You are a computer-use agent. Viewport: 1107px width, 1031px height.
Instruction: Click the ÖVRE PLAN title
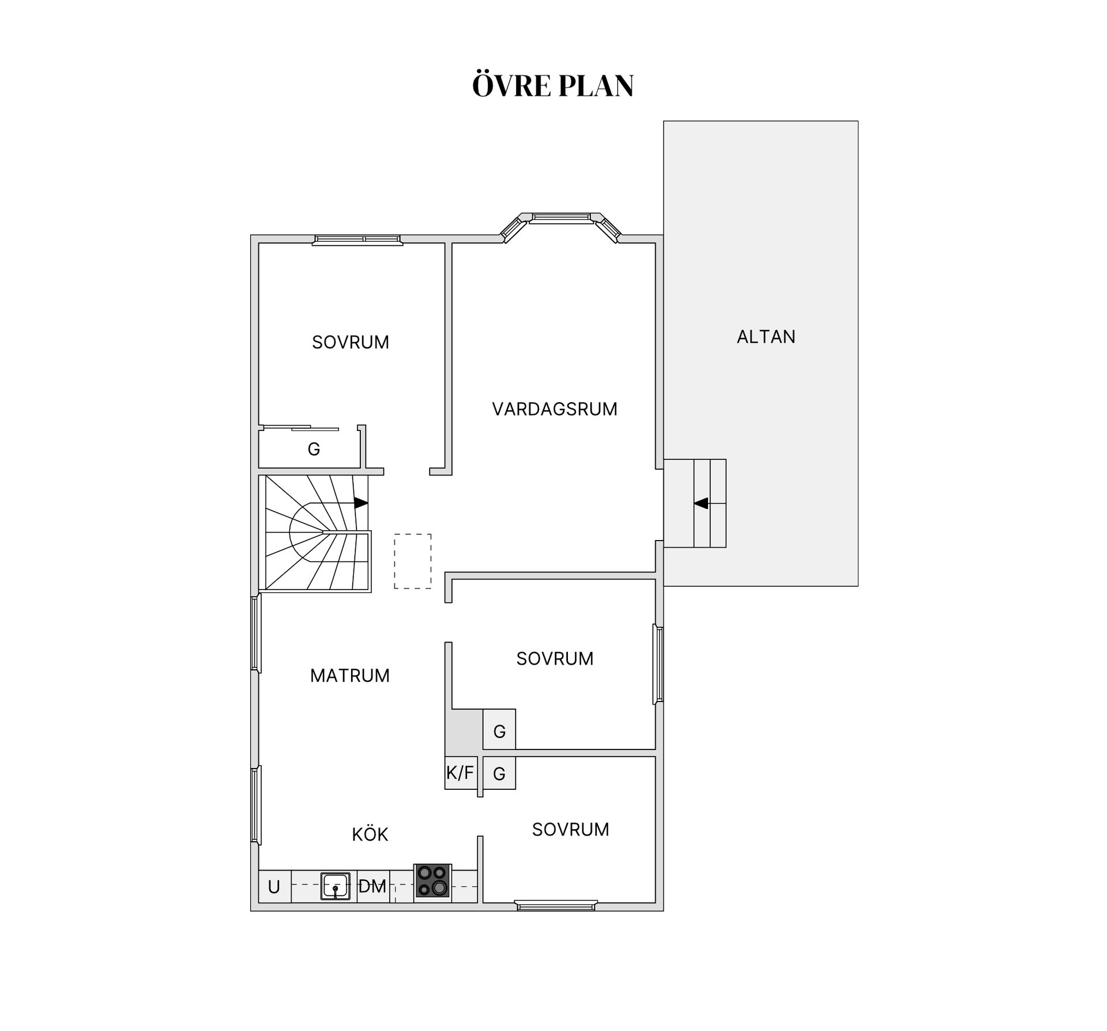coord(553,85)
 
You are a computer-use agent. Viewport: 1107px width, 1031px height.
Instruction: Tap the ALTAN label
coord(766,337)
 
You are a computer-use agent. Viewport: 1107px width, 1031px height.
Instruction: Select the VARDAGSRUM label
coord(555,409)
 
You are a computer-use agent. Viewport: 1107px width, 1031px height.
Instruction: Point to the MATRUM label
coord(350,676)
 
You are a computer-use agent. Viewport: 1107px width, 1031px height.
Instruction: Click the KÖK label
coord(370,834)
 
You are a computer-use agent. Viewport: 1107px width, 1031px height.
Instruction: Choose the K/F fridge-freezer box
coord(461,773)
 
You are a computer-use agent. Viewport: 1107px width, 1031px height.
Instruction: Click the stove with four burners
coord(432,880)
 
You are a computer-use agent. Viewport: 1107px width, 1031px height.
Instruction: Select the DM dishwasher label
coord(372,886)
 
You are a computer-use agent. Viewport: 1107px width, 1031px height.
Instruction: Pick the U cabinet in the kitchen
coord(274,887)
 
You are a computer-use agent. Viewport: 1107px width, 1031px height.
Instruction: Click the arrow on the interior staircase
coord(361,503)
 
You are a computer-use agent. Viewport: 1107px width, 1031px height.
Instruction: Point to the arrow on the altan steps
coord(701,504)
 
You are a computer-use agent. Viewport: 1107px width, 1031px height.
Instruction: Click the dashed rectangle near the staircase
coord(413,561)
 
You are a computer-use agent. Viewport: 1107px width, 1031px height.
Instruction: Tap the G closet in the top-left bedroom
coord(314,449)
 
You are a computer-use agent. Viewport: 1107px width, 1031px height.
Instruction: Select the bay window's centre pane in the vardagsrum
coord(561,218)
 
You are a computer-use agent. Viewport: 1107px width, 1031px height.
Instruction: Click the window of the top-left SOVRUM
coord(357,239)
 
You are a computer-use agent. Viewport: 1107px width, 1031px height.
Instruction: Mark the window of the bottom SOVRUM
coord(556,906)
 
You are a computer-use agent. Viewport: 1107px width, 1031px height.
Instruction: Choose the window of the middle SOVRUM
coord(658,664)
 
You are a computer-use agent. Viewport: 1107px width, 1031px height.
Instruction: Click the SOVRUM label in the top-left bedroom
coord(351,343)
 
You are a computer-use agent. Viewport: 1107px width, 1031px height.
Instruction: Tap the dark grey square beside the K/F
coord(464,732)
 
